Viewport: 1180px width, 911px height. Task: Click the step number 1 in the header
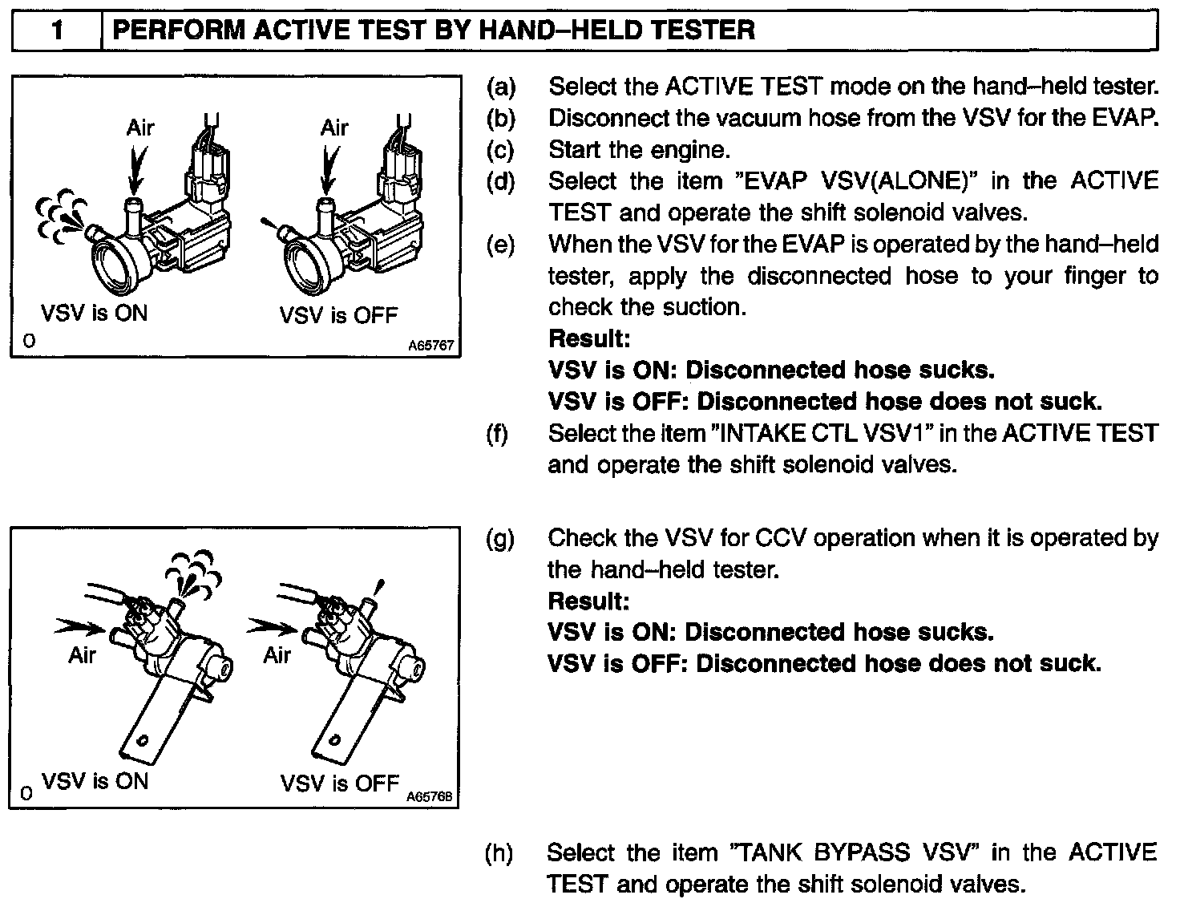pos(58,31)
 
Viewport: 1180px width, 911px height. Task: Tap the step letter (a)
pos(501,86)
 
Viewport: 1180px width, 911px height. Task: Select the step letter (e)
pos(501,245)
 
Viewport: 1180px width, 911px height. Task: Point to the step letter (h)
pos(500,852)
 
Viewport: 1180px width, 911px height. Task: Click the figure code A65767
pos(431,346)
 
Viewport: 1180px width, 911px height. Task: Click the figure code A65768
pos(430,797)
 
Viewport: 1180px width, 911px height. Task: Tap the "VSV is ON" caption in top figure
pos(95,313)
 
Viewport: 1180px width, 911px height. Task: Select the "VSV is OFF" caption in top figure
pos(338,314)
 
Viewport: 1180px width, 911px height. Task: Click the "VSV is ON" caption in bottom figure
pos(95,780)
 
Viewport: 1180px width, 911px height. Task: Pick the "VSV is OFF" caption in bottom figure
pos(340,782)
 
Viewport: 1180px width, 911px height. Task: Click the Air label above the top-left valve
pos(139,128)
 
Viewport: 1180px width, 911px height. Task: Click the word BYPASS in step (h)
pos(855,852)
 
